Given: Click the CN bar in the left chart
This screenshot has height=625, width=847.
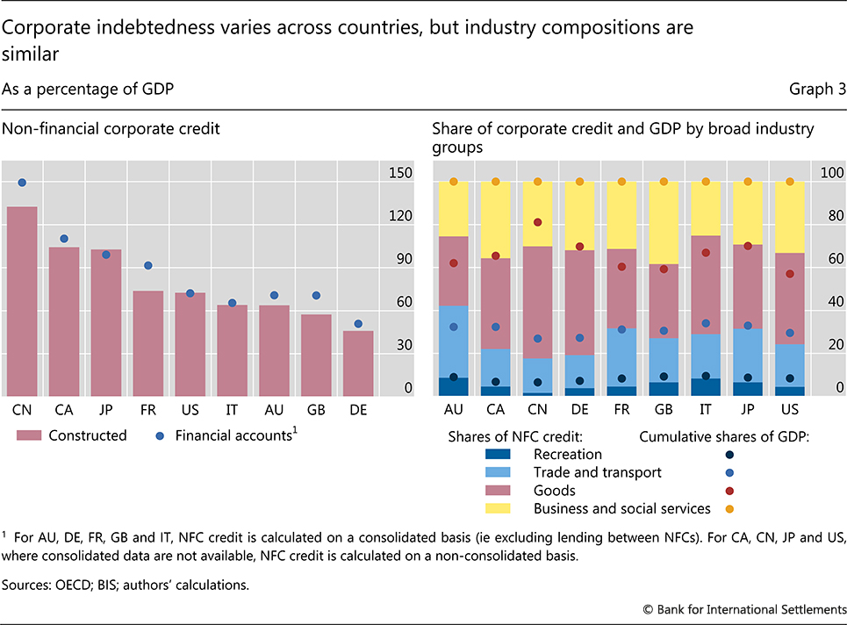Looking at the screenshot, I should click(x=22, y=300).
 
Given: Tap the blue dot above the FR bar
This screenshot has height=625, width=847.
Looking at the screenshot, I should click(x=148, y=265).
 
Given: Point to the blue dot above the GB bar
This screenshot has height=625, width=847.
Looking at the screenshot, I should click(x=316, y=296).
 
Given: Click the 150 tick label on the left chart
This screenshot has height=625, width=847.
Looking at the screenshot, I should click(x=401, y=174).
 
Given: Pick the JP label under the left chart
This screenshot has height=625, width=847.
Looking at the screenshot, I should click(x=106, y=409).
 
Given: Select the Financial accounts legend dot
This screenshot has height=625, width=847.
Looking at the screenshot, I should click(x=162, y=435).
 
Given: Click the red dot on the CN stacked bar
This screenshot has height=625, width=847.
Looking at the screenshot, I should click(x=537, y=223).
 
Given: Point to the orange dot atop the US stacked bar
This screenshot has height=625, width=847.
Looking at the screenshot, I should click(x=790, y=182).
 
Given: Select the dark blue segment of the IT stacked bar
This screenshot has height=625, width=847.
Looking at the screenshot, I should click(x=706, y=387).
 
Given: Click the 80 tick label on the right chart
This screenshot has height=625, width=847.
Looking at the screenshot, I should click(x=829, y=216).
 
